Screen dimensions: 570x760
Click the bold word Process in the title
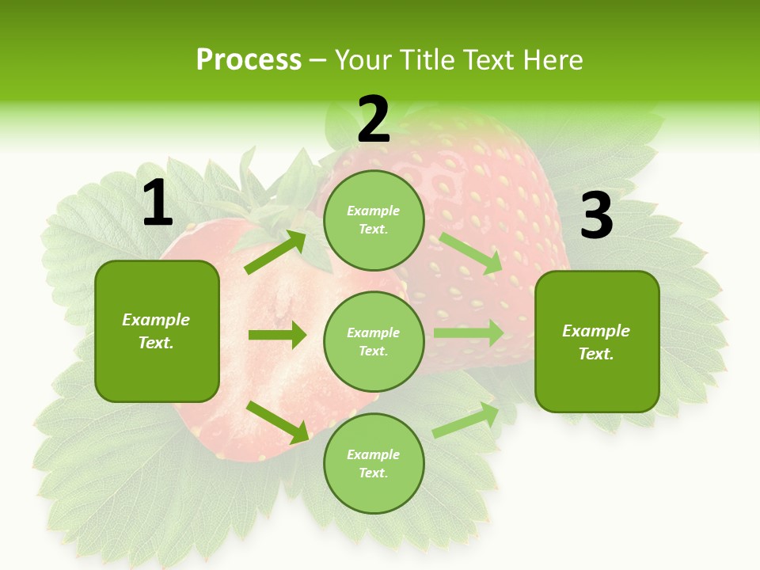click(x=249, y=59)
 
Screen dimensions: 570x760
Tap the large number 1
click(x=158, y=204)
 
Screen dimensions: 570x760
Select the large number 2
click(x=374, y=120)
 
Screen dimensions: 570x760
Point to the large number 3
click(x=596, y=216)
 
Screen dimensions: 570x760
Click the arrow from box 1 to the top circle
click(x=275, y=253)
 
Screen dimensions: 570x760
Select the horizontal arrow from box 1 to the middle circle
click(x=277, y=335)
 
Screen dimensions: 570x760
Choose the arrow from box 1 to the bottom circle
click(x=278, y=421)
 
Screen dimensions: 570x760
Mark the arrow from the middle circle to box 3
click(x=469, y=333)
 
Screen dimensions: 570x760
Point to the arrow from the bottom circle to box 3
click(x=466, y=420)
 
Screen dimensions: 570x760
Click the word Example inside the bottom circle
click(x=373, y=454)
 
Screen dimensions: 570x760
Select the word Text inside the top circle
click(x=371, y=229)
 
